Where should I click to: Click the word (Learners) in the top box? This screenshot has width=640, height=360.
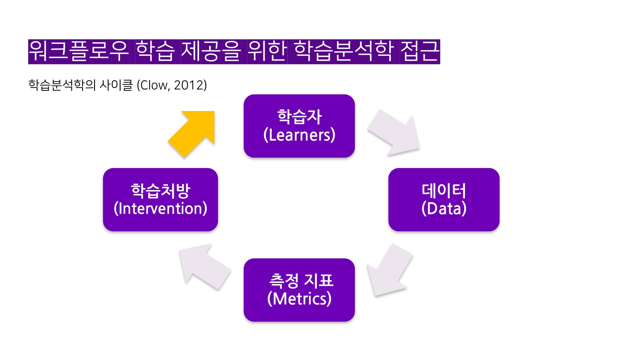click(299, 135)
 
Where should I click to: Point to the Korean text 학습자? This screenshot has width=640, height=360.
click(299, 116)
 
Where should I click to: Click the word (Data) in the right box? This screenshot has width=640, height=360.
click(444, 209)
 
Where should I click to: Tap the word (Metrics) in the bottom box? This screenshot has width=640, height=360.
click(299, 299)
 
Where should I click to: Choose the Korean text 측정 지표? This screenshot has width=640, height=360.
click(301, 280)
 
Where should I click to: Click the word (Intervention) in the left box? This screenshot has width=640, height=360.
click(160, 209)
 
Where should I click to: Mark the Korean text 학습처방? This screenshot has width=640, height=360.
click(160, 190)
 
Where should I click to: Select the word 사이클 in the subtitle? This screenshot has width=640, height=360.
click(116, 85)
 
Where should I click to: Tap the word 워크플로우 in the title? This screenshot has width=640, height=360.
click(79, 51)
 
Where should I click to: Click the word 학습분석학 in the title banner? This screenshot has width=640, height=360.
click(343, 51)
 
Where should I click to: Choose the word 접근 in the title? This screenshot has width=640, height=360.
click(420, 51)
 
